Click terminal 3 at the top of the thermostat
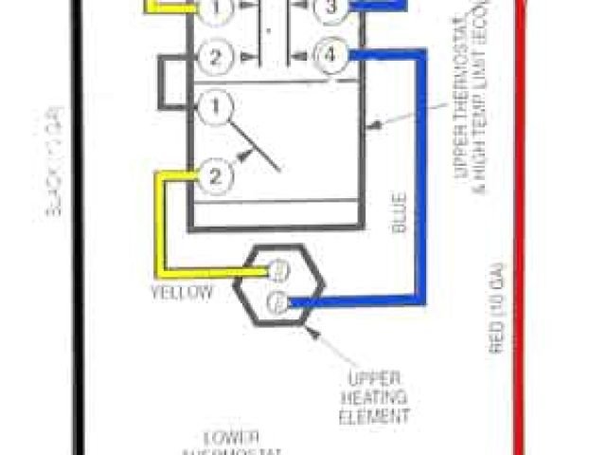pos(330,9)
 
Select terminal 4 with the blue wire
pos(330,56)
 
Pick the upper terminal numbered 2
pos(217,57)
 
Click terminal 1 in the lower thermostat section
pos(216,107)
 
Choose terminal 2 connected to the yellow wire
pos(216,174)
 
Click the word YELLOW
pos(181,292)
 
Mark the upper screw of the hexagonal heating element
pos(279,269)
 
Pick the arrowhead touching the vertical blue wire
pos(375,124)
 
